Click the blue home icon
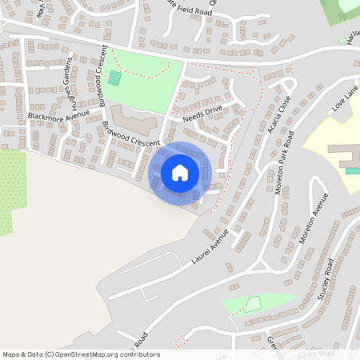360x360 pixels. pos(180,172)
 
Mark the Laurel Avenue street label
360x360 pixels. pos(210,246)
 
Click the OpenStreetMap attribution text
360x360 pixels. pos(81,354)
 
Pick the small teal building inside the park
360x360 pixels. pos(114,78)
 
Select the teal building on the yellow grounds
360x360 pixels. pos(352,170)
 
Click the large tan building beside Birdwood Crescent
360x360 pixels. pos(133,120)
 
